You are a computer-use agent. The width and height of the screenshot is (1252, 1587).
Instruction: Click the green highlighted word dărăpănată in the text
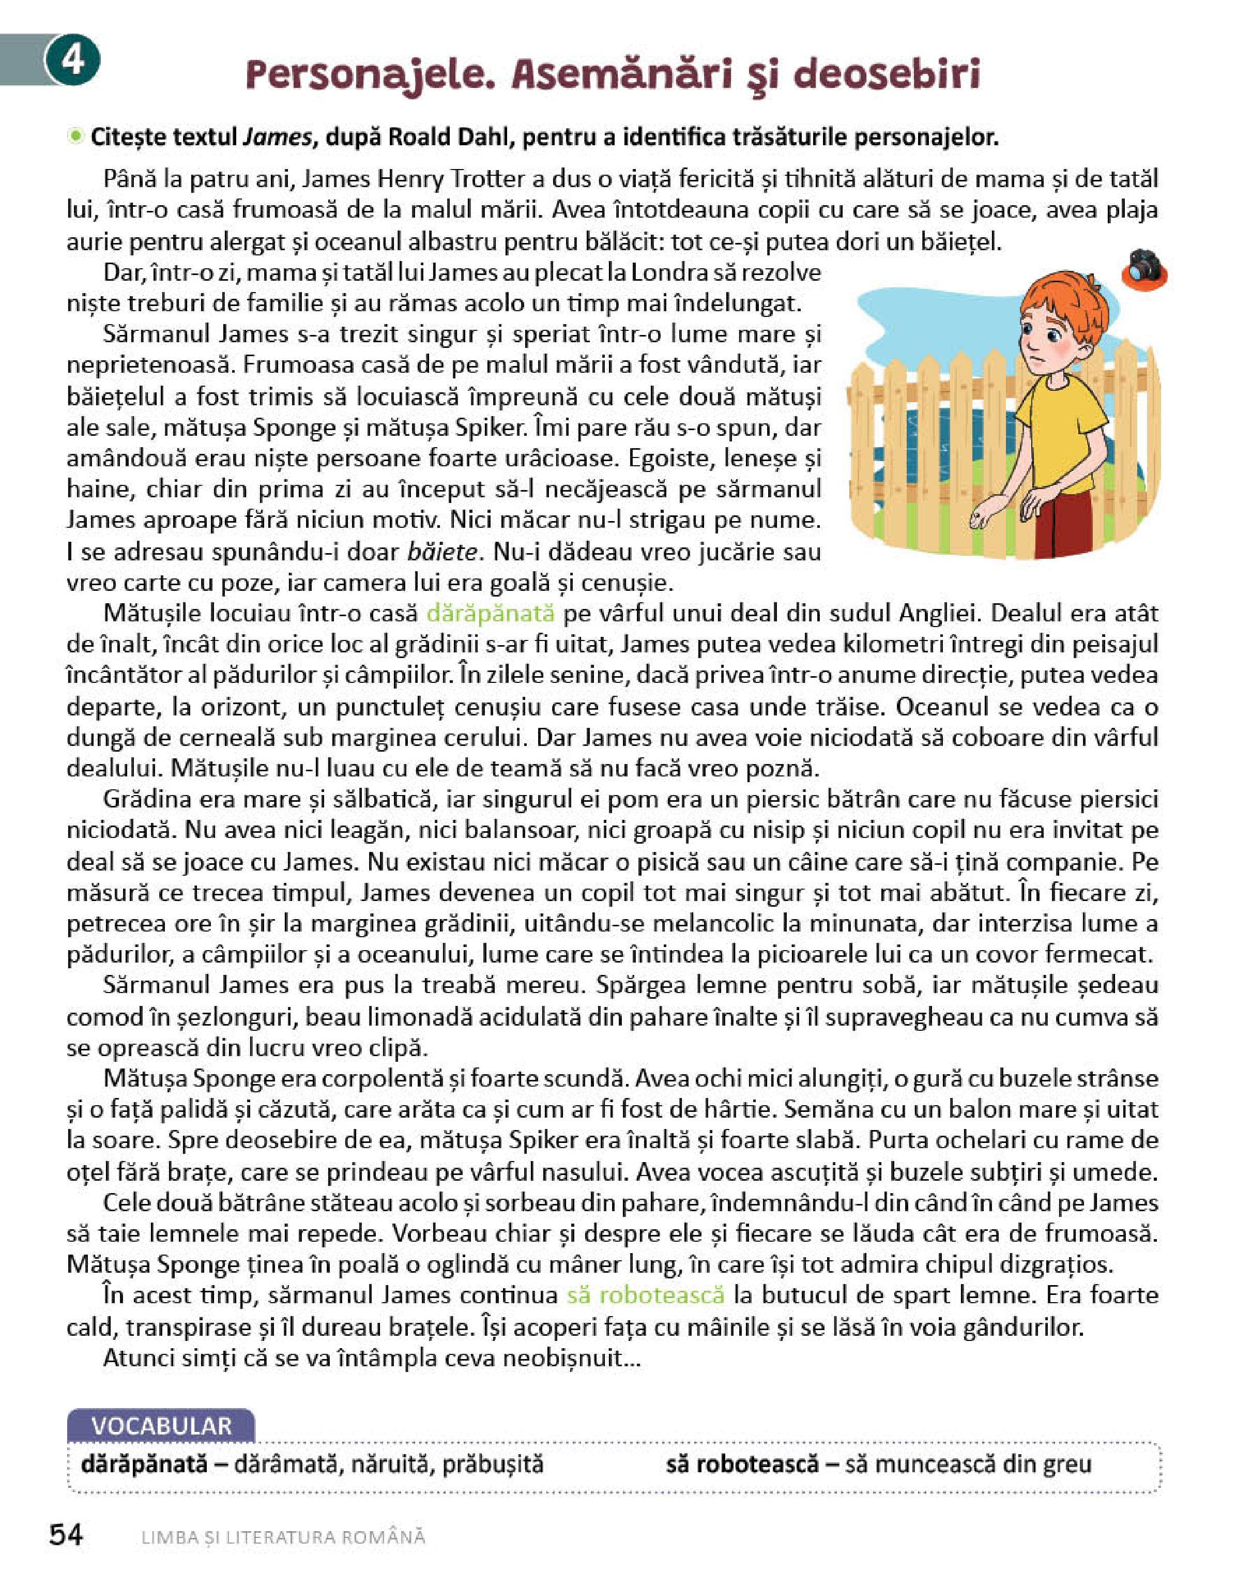490,614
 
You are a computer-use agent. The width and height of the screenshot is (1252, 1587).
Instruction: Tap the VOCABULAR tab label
161,1426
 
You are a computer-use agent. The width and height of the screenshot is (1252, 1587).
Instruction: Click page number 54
67,1535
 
